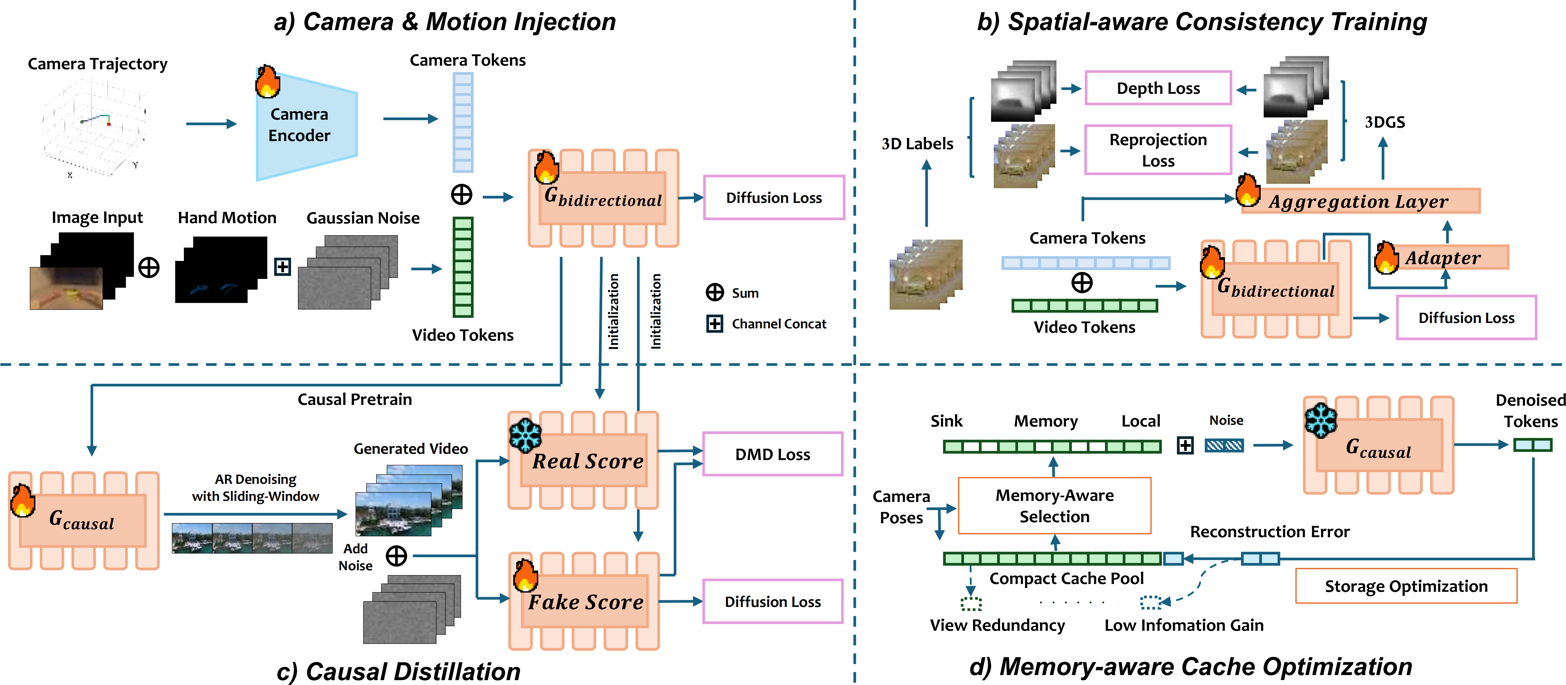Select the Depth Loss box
[1158, 88]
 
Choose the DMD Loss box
[772, 454]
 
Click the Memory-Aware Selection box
[1054, 506]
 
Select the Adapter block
[1442, 258]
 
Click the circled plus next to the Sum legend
[714, 292]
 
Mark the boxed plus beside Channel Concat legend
[714, 323]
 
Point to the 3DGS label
[1385, 122]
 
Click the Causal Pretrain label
[354, 399]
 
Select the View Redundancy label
[997, 625]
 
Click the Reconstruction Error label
[1269, 532]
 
